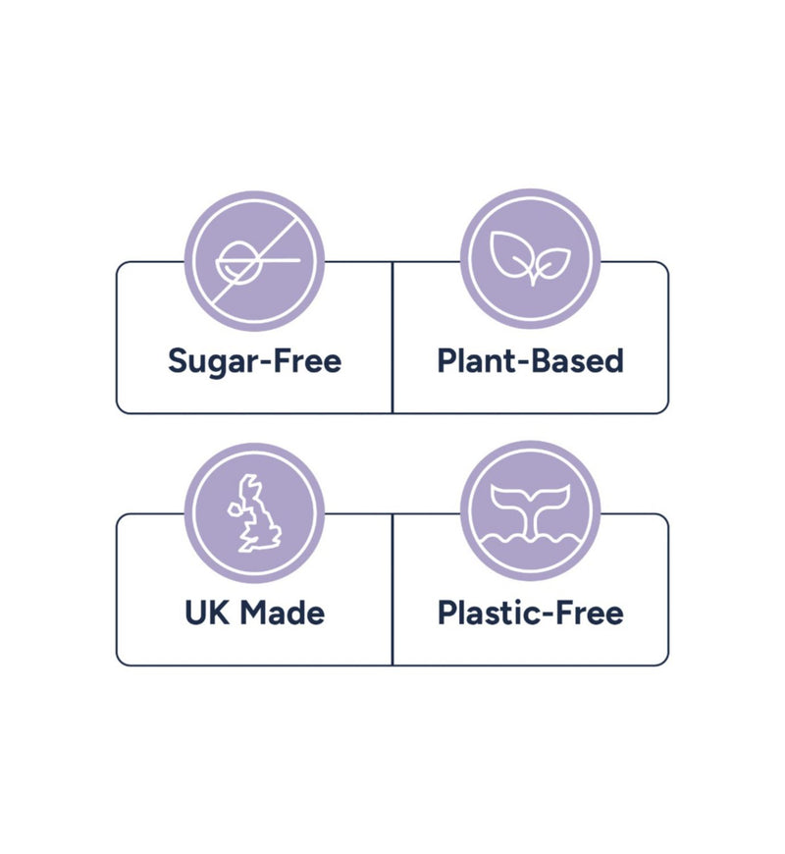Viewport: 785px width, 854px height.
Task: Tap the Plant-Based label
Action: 530,360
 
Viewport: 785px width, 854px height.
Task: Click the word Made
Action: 282,613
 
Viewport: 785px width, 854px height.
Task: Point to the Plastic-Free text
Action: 531,613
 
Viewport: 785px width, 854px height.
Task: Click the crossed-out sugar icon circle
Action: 254,261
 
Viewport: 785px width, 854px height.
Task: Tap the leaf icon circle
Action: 530,259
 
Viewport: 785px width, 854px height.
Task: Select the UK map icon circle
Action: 254,512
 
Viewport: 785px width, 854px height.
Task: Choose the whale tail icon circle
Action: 530,510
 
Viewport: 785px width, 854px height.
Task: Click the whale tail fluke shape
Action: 530,504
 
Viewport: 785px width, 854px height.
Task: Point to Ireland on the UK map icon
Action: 235,509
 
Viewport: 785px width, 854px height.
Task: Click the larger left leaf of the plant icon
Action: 510,253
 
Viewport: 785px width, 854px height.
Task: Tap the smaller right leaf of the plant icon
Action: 552,262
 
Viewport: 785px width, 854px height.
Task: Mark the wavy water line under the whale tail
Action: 530,540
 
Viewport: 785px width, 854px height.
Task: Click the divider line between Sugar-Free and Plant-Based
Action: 392,337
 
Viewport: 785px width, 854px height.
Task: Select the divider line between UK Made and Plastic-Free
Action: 392,589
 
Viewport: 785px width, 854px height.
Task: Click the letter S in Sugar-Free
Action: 178,360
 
